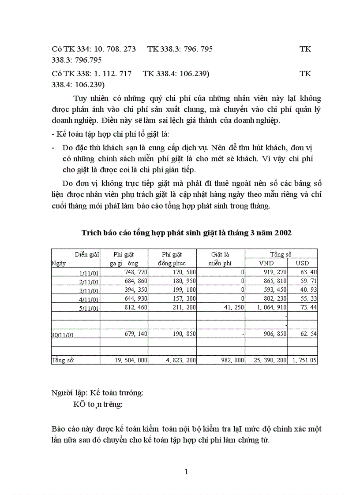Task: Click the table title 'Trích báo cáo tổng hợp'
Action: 186,233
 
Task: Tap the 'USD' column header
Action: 302,263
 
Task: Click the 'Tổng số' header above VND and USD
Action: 281,254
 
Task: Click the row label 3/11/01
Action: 89,290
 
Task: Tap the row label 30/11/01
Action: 63,335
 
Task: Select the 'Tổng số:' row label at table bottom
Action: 63,360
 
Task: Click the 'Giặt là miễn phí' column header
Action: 220,259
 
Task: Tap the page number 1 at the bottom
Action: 186,472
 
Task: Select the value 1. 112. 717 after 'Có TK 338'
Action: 113,74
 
